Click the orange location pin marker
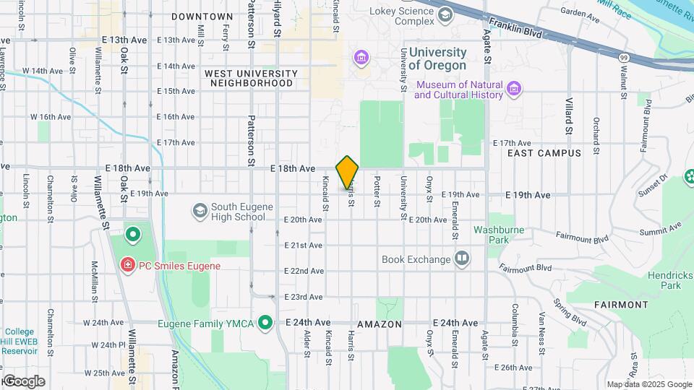tap(348, 172)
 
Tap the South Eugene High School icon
tap(200, 211)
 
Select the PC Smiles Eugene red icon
tap(128, 266)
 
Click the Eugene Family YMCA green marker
tap(266, 322)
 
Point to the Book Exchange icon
tap(462, 258)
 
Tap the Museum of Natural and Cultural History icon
tap(514, 89)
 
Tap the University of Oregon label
tap(437, 58)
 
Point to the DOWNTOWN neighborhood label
tap(202, 16)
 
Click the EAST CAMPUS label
tap(544, 153)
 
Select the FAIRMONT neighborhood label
tap(621, 305)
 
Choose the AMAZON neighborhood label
tap(378, 325)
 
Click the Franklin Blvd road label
tap(515, 27)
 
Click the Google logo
tap(23, 381)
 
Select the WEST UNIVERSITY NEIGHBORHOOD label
tap(250, 78)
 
